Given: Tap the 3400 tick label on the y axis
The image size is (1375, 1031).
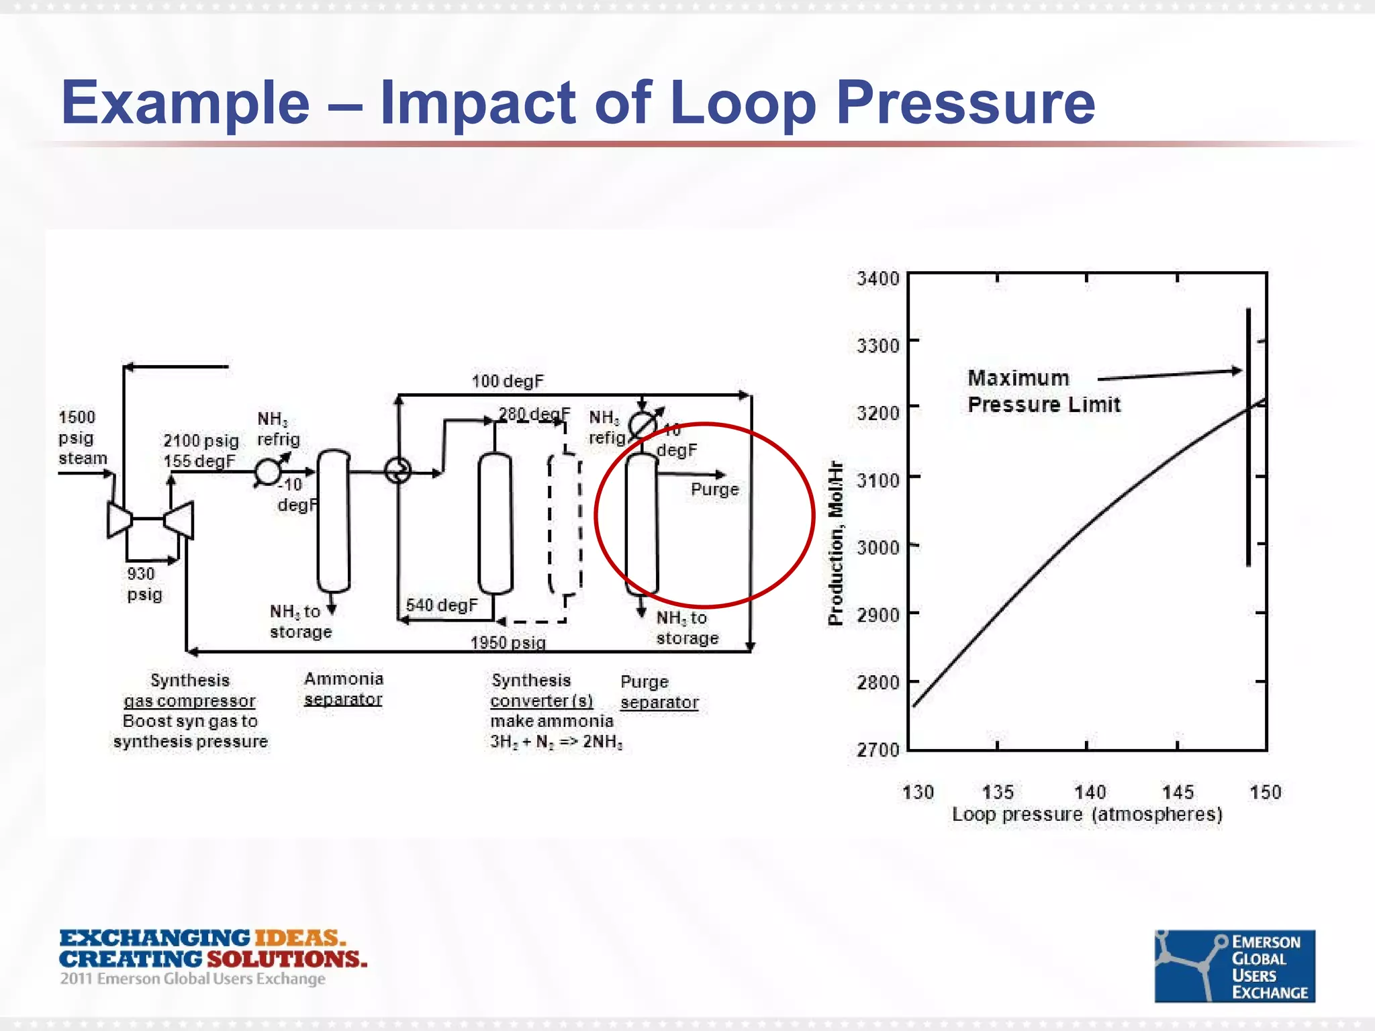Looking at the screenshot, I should [x=878, y=278].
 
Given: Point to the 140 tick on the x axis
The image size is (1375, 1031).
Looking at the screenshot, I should [x=1089, y=793].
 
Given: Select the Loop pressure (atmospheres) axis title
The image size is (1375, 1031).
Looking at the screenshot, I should [x=1087, y=815].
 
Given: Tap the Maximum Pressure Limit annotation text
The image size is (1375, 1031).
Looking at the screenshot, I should [x=1043, y=392].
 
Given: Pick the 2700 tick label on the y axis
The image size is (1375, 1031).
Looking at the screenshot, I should [x=878, y=750].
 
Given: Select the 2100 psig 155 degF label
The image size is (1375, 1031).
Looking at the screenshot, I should [x=201, y=451].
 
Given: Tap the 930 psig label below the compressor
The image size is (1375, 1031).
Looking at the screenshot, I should [x=144, y=584].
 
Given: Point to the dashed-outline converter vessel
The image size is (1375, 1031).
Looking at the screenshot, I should [x=565, y=524].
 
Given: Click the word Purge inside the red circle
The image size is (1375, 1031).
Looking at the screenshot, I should [x=714, y=489].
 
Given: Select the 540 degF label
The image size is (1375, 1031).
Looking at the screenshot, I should [x=441, y=605].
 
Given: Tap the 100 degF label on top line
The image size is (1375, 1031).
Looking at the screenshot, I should [x=508, y=381].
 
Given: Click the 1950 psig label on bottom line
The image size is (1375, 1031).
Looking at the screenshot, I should [x=508, y=642].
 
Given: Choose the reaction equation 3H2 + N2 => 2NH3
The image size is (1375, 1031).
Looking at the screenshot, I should [x=556, y=742].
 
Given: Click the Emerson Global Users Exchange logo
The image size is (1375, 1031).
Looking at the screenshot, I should [x=1234, y=966].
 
